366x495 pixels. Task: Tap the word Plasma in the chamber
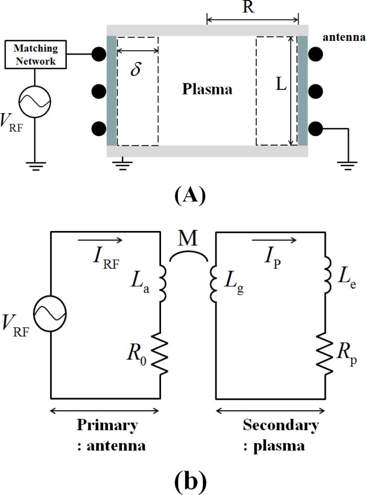tap(207, 90)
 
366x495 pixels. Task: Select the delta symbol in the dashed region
tap(135, 70)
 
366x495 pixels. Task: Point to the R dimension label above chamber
tap(253, 7)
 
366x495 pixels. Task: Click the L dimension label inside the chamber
tap(281, 85)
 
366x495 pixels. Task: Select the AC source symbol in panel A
tap(35, 99)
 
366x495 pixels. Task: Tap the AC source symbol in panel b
tap(50, 316)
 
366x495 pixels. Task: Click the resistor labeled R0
tap(159, 355)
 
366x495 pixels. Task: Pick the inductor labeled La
tap(160, 283)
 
